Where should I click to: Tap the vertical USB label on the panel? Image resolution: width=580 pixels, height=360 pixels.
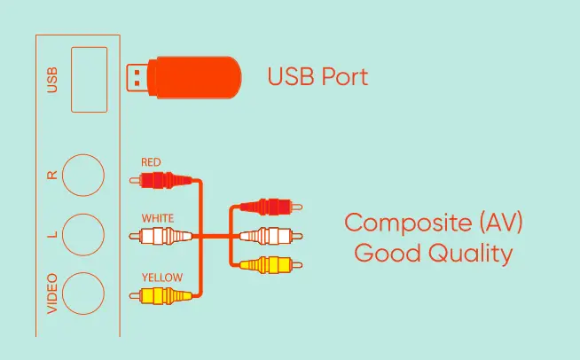click(x=52, y=80)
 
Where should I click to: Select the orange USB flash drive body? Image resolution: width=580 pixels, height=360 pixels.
click(x=194, y=78)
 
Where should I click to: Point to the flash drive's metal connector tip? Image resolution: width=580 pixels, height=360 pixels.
click(x=137, y=78)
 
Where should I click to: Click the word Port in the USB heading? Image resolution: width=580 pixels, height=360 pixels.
click(x=345, y=76)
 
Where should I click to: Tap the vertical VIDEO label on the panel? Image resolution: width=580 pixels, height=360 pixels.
click(x=52, y=293)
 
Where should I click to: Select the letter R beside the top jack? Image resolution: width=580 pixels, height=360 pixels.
click(x=52, y=175)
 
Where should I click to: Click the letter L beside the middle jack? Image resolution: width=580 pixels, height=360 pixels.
click(x=53, y=235)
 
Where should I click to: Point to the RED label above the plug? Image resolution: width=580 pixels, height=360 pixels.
click(x=151, y=162)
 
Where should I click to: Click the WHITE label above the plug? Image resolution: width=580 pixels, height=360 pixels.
click(x=158, y=218)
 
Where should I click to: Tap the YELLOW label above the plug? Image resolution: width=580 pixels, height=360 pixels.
click(x=162, y=278)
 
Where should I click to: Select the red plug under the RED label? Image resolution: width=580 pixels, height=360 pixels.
click(x=161, y=180)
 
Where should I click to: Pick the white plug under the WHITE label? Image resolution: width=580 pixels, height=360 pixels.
click(x=161, y=236)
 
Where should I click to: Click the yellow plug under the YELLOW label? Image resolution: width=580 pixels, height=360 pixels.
click(x=161, y=295)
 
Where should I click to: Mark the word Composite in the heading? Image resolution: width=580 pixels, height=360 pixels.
click(x=408, y=223)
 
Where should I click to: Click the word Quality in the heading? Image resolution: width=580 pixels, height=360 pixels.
click(x=471, y=254)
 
